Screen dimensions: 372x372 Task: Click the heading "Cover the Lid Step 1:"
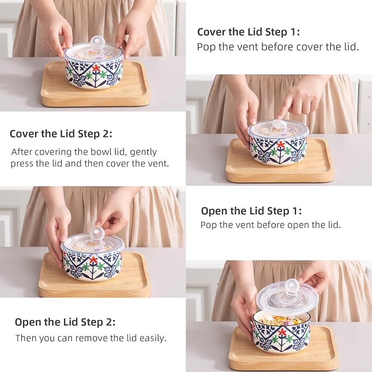coord(248,32)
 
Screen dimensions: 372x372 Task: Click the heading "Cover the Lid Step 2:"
coord(61,134)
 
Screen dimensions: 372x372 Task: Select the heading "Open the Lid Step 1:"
coord(251,211)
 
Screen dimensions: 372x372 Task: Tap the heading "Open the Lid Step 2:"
coord(65,322)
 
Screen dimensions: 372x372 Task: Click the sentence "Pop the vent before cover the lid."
coord(278,47)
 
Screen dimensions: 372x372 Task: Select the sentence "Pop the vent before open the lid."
coord(271,225)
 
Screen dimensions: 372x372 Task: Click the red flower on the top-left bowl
coord(96,68)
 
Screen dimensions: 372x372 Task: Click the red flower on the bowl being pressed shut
coord(281,145)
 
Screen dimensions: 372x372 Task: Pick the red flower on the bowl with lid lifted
coord(282,332)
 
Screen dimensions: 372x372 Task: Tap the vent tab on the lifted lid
coord(290,287)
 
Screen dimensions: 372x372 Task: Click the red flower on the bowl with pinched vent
coord(94,260)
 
